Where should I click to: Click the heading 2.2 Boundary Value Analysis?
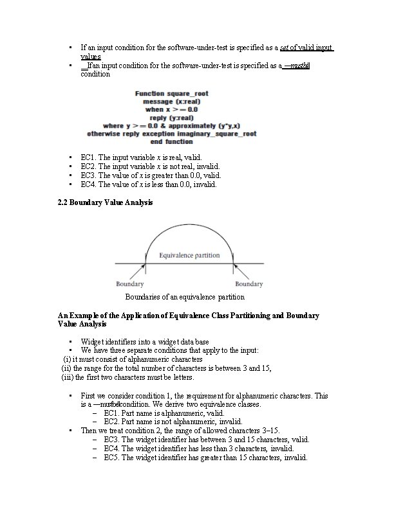pos(105,203)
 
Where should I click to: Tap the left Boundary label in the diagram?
pos(129,283)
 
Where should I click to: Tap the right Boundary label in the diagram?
pos(249,283)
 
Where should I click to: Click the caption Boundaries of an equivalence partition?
pos(185,298)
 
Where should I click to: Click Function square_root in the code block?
pos(171,94)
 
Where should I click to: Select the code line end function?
pos(171,142)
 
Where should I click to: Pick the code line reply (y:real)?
pos(171,118)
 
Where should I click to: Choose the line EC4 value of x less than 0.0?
pos(149,184)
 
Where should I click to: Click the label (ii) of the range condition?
pos(66,368)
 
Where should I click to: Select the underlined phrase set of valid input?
pos(303,48)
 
